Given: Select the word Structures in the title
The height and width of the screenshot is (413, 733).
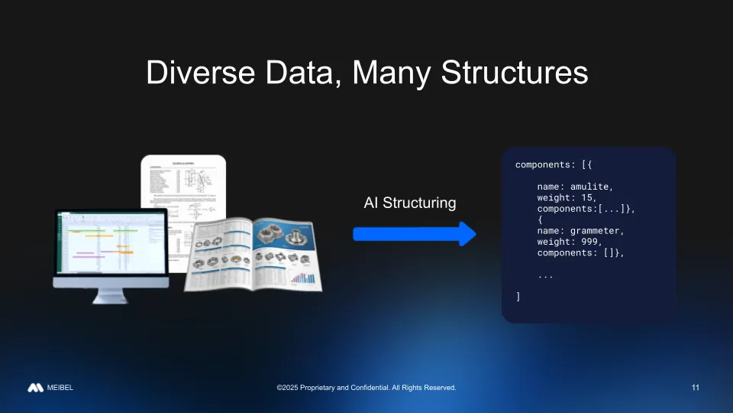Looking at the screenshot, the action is click(514, 73).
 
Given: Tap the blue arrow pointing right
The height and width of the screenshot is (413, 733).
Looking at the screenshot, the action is click(415, 233).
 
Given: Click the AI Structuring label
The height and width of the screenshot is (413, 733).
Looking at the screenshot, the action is click(410, 203).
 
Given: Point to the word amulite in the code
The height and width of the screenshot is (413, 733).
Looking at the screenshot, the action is click(592, 186).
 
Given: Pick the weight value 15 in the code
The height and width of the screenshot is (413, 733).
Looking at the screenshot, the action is click(583, 197).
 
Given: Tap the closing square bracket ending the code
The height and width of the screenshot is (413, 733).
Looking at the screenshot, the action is click(518, 297).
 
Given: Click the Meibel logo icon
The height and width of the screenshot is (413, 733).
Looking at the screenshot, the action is click(35, 388).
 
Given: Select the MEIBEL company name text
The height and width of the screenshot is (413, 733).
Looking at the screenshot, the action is click(60, 388).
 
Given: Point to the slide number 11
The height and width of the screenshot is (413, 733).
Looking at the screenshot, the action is click(695, 388).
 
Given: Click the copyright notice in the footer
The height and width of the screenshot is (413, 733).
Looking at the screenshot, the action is click(366, 388).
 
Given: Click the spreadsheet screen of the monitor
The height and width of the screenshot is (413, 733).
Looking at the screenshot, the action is click(110, 242).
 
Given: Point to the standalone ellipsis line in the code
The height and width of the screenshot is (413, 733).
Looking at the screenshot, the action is click(545, 275).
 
